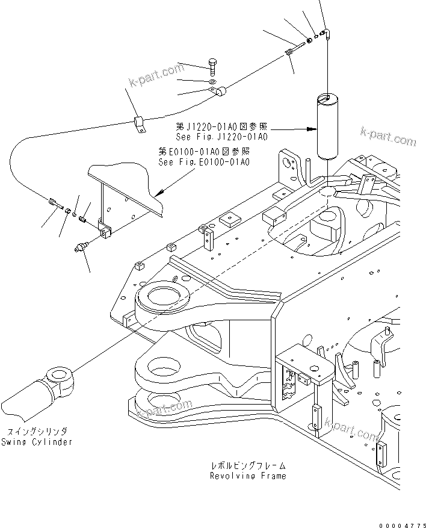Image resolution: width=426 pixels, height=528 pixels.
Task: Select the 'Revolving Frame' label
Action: [248, 476]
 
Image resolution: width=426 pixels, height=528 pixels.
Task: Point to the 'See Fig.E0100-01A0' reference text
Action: [204, 162]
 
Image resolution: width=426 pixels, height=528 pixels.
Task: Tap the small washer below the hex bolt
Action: [213, 80]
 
